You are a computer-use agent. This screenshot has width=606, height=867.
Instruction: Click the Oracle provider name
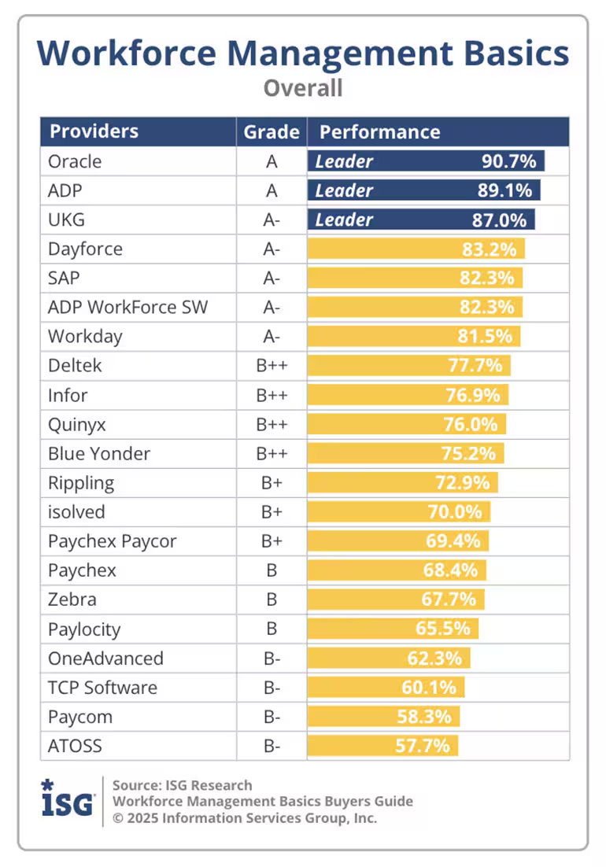tap(75, 161)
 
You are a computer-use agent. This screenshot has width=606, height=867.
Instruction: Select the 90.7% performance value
tap(508, 161)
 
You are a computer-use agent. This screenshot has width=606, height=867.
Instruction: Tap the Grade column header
tap(272, 131)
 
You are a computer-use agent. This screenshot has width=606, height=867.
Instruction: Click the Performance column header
tap(379, 131)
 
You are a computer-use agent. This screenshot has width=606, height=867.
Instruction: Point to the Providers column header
tap(94, 131)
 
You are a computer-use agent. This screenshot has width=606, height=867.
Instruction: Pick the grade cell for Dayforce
tap(272, 249)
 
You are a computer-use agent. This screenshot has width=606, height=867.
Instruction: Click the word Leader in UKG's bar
tap(344, 220)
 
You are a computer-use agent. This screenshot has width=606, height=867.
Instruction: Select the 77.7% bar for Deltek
tap(409, 366)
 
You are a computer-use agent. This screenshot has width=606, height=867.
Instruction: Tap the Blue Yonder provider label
tap(99, 453)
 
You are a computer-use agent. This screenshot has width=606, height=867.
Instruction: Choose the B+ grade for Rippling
tap(272, 482)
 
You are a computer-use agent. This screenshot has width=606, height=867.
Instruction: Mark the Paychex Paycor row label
tap(112, 541)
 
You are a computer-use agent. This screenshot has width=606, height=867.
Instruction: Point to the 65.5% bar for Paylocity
tap(393, 629)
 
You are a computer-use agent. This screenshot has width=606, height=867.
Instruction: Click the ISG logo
tap(68, 800)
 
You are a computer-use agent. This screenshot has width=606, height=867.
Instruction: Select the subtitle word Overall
tap(303, 87)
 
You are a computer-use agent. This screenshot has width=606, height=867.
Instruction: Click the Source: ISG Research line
tap(182, 784)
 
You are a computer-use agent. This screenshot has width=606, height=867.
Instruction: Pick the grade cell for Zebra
tap(272, 600)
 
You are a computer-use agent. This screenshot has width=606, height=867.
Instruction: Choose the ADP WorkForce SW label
tap(127, 308)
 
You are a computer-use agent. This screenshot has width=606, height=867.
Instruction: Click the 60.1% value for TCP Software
tap(429, 687)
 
